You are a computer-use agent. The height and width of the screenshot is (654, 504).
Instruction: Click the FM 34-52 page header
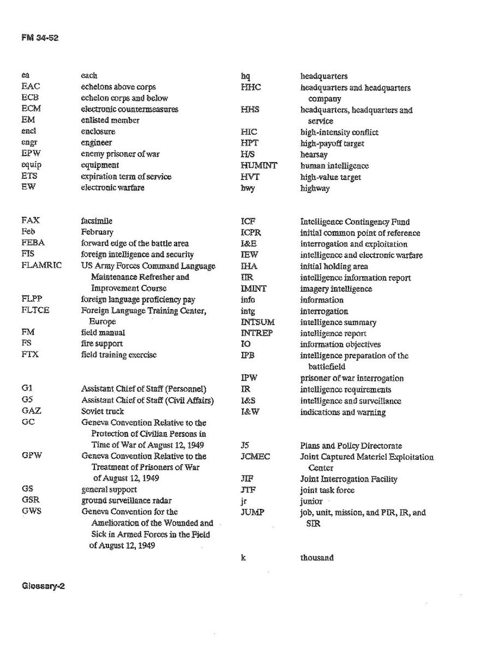pyautogui.click(x=36, y=38)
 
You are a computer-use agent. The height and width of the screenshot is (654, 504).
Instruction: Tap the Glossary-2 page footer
pyautogui.click(x=43, y=587)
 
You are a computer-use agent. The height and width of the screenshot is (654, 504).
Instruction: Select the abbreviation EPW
pyautogui.click(x=31, y=154)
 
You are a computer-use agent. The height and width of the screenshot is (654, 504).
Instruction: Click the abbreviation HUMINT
pyautogui.click(x=259, y=166)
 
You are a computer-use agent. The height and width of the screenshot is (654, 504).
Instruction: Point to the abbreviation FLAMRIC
pyautogui.click(x=42, y=266)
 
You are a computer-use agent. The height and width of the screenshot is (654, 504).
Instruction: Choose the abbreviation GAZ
pyautogui.click(x=32, y=411)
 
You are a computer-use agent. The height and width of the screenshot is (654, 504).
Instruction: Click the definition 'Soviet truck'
pyautogui.click(x=102, y=411)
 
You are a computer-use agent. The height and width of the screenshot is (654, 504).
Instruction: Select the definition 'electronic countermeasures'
pyautogui.click(x=129, y=109)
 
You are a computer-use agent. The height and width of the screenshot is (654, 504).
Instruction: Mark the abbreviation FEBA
pyautogui.click(x=34, y=243)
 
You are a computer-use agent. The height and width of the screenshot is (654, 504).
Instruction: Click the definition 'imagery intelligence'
pyautogui.click(x=336, y=289)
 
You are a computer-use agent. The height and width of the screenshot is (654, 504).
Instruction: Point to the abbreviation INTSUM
pyautogui.click(x=257, y=322)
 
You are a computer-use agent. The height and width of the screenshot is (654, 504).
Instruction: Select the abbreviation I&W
pyautogui.click(x=250, y=412)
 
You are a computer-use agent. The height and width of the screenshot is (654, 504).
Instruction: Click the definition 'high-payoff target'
pyautogui.click(x=332, y=143)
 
